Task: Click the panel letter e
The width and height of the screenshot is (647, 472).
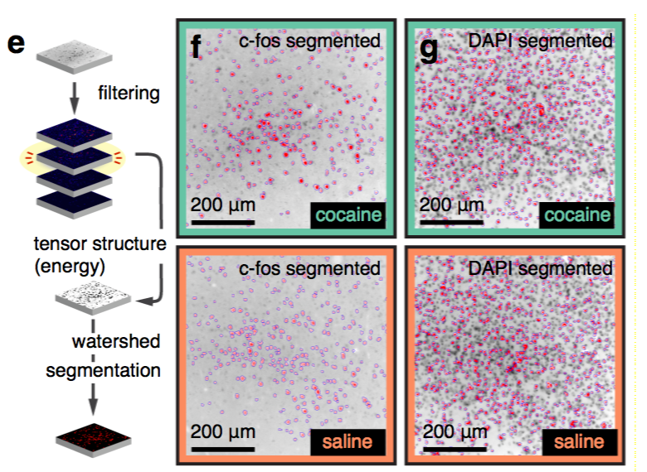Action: tap(17, 43)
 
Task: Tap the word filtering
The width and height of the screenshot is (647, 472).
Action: tap(128, 93)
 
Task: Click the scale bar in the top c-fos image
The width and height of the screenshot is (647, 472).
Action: tap(223, 221)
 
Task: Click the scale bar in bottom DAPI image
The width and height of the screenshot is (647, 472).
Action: tap(452, 448)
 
